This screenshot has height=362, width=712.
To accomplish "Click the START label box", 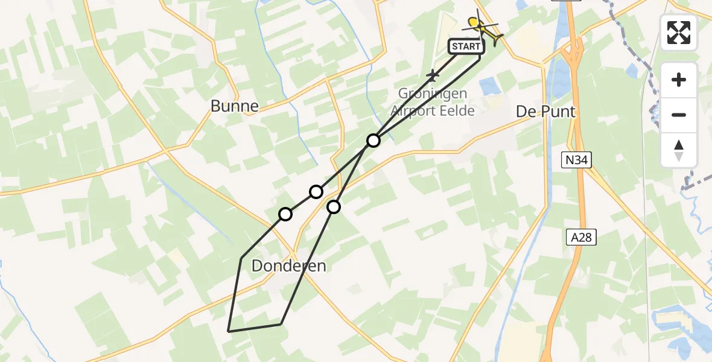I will pyautogui.click(x=466, y=46).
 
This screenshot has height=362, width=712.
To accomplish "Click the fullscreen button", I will pyautogui.click(x=679, y=33).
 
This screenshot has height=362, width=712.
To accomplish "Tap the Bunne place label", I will pyautogui.click(x=235, y=106).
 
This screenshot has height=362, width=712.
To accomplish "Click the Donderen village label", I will pyautogui.click(x=289, y=265).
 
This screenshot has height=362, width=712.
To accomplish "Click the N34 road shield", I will pyautogui.click(x=576, y=160).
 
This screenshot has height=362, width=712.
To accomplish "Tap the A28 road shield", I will pyautogui.click(x=581, y=238).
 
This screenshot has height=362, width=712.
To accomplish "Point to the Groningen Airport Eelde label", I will pyautogui.click(x=432, y=102).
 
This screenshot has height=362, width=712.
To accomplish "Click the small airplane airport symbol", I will pyautogui.click(x=432, y=75).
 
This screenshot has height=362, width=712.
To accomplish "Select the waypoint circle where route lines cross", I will pyautogui.click(x=373, y=141).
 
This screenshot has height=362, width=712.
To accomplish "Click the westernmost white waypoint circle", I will pyautogui.click(x=285, y=214).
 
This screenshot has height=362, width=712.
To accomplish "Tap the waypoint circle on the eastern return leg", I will pyautogui.click(x=334, y=207).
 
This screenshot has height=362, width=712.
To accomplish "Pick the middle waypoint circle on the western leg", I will pyautogui.click(x=316, y=192).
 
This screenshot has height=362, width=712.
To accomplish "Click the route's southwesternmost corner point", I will pyautogui.click(x=228, y=331).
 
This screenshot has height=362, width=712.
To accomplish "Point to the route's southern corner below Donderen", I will pyautogui.click(x=281, y=324).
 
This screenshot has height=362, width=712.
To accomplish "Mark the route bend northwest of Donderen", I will pyautogui.click(x=241, y=258).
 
